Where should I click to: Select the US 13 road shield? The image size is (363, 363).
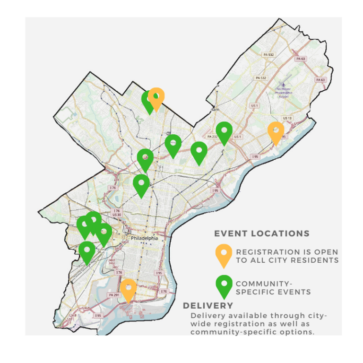coord(287,118)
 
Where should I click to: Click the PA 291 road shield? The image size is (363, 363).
coord(113,295)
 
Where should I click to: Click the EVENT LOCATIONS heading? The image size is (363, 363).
coord(262,233)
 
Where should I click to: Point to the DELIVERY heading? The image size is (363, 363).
coord(208,306)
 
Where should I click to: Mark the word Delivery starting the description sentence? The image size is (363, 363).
coord(206,315)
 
